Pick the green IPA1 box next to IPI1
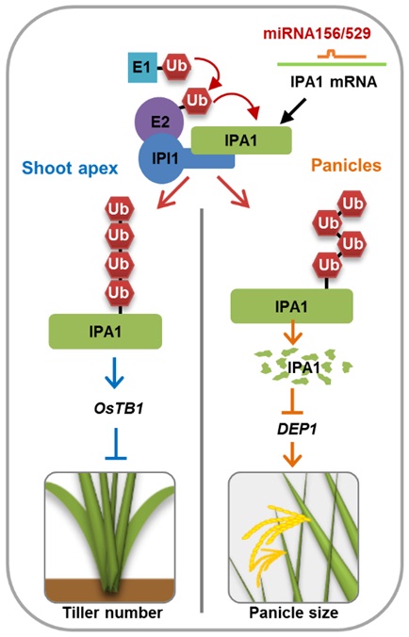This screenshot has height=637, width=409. click(x=241, y=141)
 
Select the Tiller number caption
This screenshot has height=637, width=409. click(x=104, y=612)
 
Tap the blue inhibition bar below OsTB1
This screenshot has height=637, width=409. click(x=105, y=441)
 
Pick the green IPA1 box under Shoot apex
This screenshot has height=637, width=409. click(x=105, y=331)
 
